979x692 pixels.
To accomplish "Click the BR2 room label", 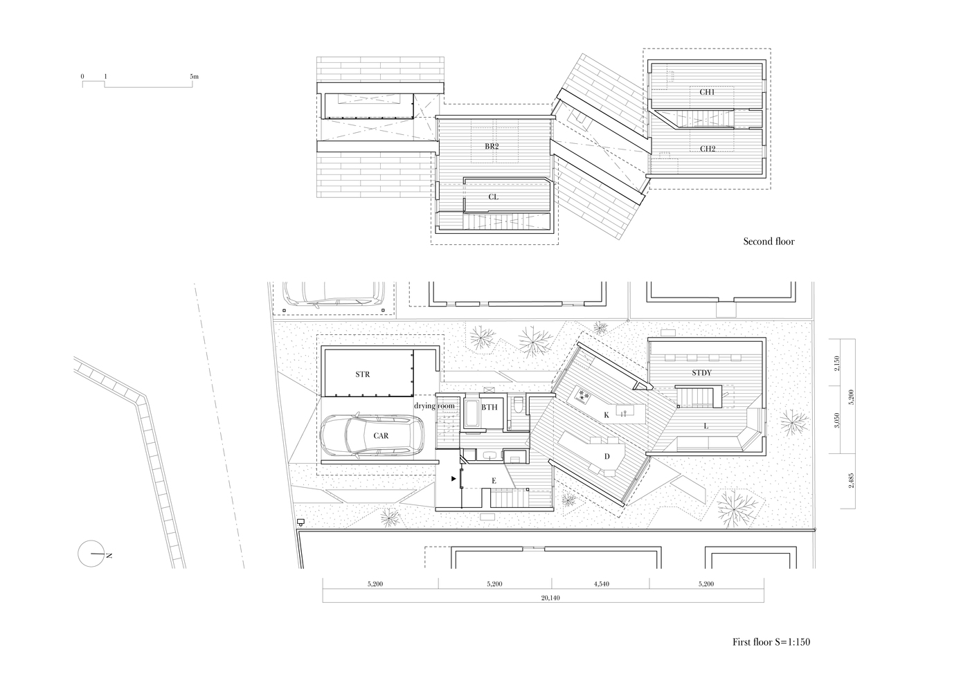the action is (x=492, y=146).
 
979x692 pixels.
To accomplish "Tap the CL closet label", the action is (x=493, y=197).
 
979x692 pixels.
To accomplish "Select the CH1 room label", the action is (x=707, y=92).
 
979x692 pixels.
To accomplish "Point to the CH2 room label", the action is (x=708, y=149).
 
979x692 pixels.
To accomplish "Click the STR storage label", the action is (x=362, y=374).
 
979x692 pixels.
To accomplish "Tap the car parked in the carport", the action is (x=372, y=435).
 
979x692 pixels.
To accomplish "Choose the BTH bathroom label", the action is (x=489, y=407).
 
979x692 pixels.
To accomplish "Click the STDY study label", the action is (x=701, y=373).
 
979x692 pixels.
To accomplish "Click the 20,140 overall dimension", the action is (x=550, y=598).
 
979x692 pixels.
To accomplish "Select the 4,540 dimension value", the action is (x=602, y=583).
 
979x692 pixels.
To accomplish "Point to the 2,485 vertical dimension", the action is (x=850, y=480).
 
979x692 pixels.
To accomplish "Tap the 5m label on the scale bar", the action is (x=194, y=76).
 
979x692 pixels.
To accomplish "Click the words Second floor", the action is (x=769, y=241).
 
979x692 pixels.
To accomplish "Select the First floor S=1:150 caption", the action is (x=771, y=641).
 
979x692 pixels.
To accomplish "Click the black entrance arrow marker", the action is (x=453, y=479).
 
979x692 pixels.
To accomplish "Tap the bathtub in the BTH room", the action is (x=471, y=413).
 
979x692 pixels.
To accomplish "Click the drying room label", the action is (x=434, y=406).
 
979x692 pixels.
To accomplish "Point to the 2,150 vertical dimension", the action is (x=837, y=363).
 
